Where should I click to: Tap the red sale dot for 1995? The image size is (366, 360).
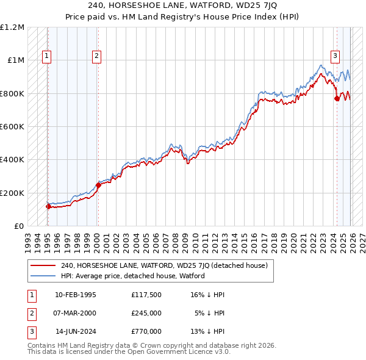48,206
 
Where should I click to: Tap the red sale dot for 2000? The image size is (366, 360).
98,185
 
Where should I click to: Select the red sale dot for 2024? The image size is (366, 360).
337,99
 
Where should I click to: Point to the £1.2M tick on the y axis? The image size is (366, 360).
12,27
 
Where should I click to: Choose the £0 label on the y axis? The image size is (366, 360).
18,226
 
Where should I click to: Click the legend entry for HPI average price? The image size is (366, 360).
132,276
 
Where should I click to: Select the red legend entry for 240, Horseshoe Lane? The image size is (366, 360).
164,265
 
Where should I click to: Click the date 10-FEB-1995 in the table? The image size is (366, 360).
75,295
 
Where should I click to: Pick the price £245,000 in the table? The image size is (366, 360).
146,313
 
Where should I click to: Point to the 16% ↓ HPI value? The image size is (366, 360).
207,295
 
